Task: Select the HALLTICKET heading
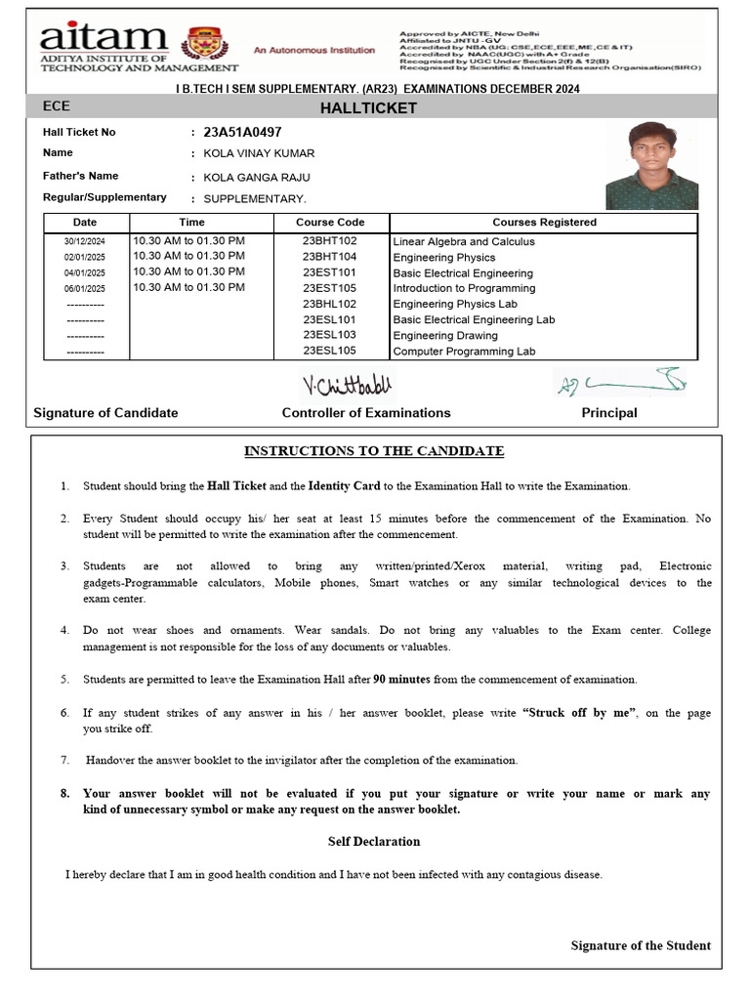368,108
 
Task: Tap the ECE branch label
57,106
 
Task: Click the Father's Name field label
81,176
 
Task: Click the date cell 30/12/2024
85,241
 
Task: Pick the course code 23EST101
329,272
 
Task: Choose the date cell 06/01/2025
85,288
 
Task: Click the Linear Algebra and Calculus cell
464,241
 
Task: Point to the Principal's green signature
620,383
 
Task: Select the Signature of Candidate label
105,413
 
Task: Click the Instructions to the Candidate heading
374,451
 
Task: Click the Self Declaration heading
374,842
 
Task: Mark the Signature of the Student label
641,945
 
